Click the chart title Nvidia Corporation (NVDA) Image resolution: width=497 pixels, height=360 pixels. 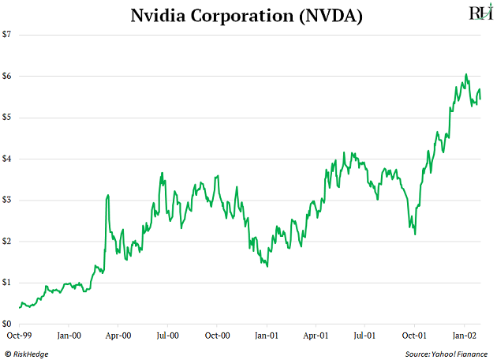coord(248,15)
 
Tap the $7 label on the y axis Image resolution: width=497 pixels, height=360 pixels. coord(7,35)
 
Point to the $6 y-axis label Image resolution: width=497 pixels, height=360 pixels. coord(7,76)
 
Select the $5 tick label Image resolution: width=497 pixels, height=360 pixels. coord(7,118)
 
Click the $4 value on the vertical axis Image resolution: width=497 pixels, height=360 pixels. coord(7,159)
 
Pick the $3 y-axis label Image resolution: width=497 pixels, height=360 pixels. coord(7,200)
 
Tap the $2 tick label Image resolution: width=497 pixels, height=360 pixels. coord(7,242)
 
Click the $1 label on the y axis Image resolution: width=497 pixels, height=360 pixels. coord(7,283)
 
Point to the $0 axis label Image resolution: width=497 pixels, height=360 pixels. coord(7,324)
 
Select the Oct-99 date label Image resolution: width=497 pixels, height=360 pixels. coord(19,336)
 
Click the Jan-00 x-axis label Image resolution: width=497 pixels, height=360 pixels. coord(69,336)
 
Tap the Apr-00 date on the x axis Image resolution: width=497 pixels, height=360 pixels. coord(118,336)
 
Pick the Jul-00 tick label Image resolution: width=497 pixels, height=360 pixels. coord(167,336)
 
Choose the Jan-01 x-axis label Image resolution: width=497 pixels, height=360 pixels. coord(267,336)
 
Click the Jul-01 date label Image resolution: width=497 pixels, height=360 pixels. coord(364,336)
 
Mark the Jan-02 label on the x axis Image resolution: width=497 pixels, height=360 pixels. coord(464,336)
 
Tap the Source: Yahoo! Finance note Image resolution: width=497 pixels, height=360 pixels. coord(447,354)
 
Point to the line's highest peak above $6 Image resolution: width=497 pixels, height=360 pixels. coord(466,74)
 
